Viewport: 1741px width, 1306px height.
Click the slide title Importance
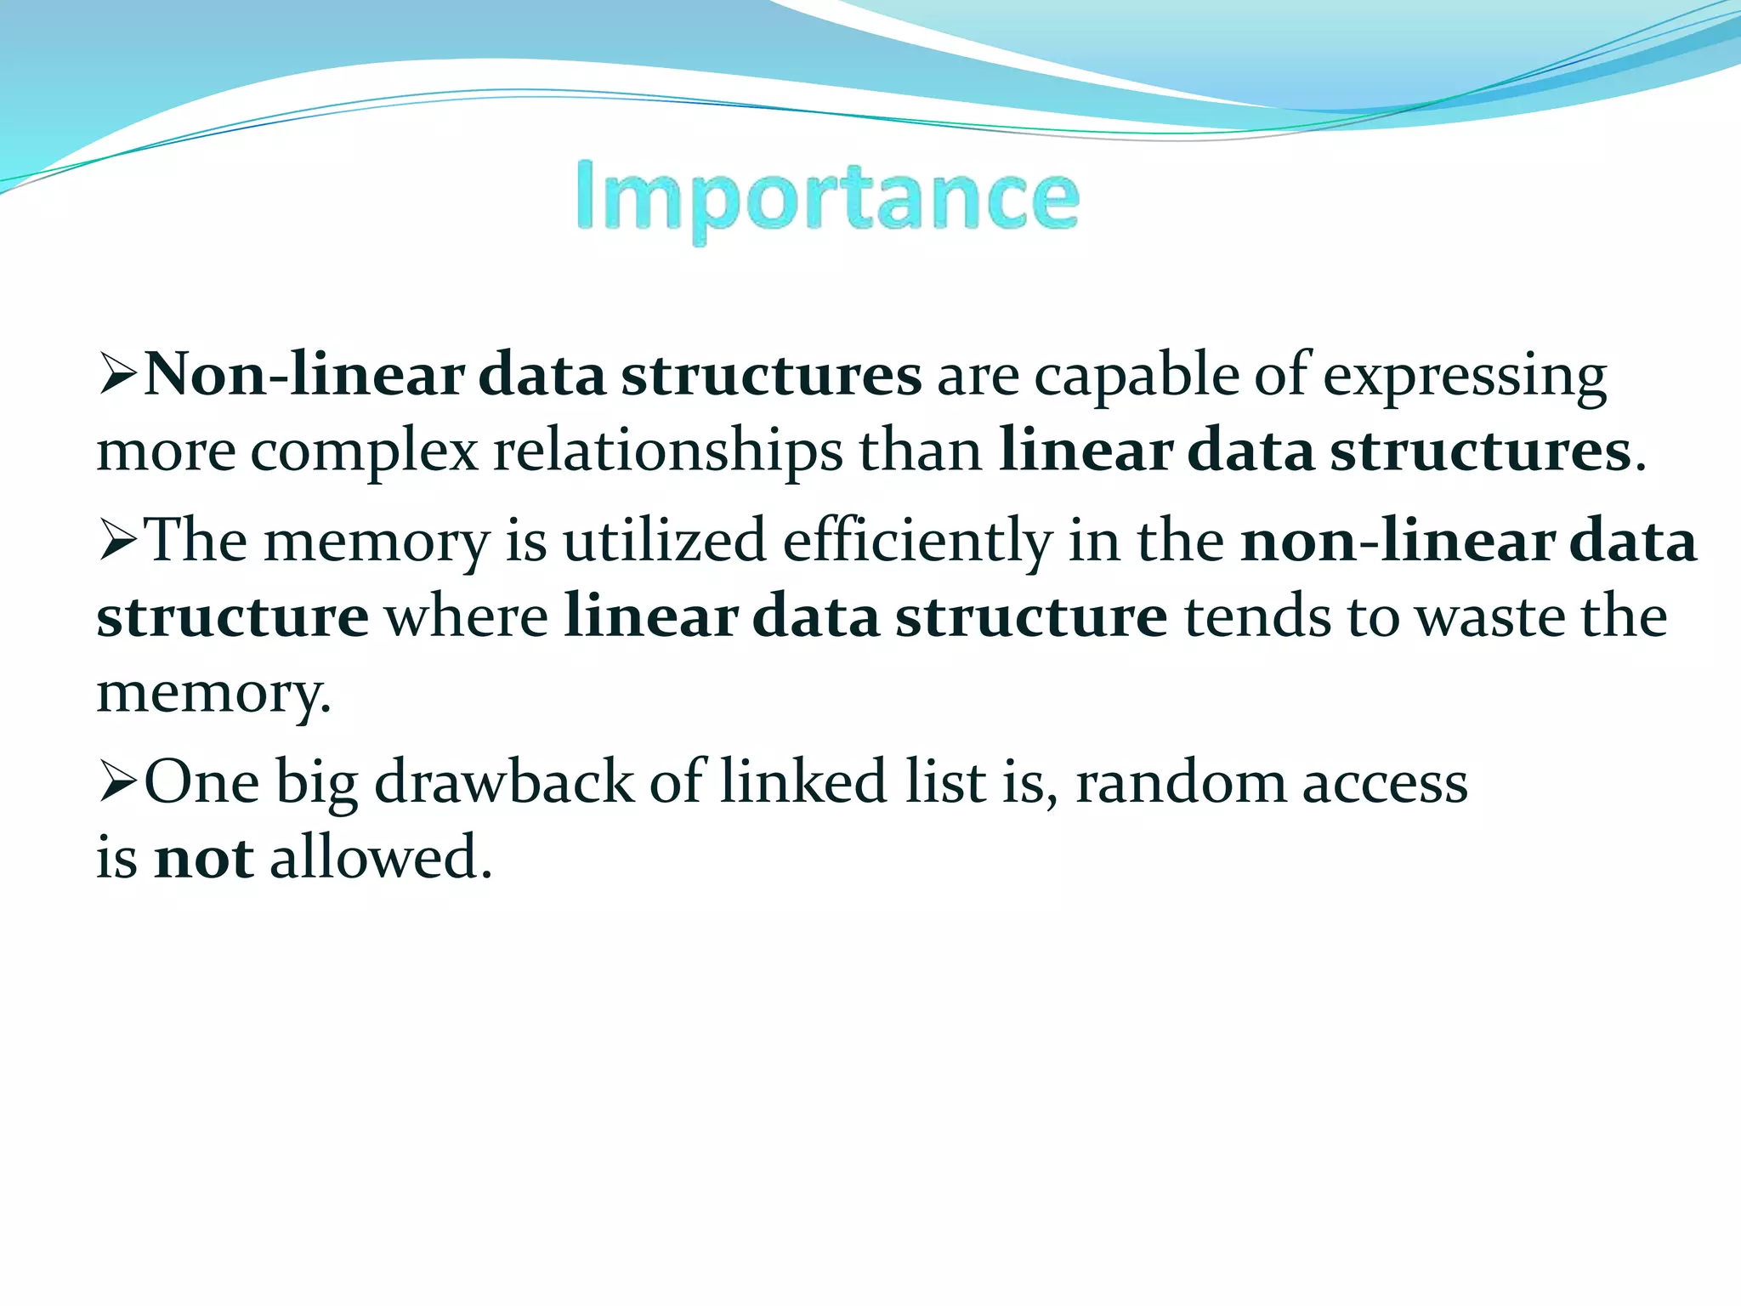click(827, 198)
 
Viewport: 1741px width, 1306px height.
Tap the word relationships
click(668, 451)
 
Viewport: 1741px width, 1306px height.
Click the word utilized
click(664, 541)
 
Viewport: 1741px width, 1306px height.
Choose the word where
click(467, 617)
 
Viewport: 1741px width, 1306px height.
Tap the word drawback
click(503, 781)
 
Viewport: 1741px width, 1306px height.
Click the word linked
click(803, 781)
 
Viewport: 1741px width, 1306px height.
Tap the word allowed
click(380, 857)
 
